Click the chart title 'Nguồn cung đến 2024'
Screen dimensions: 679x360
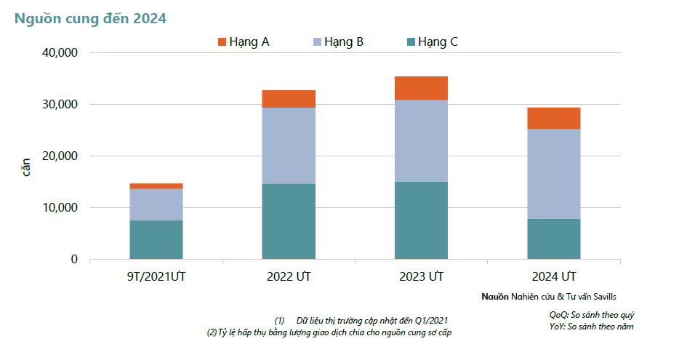coord(90,19)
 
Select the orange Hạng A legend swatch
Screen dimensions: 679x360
coord(222,42)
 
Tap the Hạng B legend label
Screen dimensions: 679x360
coord(344,42)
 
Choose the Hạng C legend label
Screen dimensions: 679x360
coord(438,42)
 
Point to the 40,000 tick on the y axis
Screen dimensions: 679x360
coord(60,53)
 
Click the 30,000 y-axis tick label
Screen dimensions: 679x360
coord(60,105)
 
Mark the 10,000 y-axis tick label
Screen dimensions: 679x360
coord(60,207)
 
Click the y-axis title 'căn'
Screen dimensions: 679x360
coord(26,167)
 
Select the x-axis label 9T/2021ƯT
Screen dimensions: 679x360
coord(156,276)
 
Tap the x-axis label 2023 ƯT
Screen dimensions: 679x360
coord(422,276)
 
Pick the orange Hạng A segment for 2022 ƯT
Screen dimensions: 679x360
coord(289,99)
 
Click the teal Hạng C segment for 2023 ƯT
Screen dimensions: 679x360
coord(422,220)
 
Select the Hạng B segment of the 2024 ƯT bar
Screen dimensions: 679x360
coord(554,174)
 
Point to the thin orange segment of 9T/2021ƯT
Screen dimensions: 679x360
coord(156,186)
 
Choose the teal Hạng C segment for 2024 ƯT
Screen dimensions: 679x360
coord(554,239)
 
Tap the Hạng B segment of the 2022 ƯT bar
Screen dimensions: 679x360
coord(289,145)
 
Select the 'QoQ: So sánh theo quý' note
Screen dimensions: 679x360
coord(592,315)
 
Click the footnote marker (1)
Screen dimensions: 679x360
coord(279,321)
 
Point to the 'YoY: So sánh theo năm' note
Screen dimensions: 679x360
coord(592,327)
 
